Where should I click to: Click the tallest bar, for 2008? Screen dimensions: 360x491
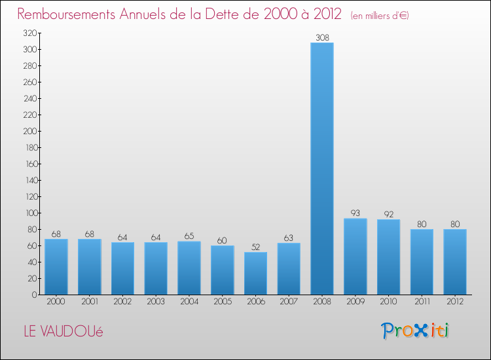tap(322, 169)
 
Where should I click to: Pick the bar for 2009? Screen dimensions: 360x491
tap(355, 257)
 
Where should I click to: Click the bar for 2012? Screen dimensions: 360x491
tap(455, 262)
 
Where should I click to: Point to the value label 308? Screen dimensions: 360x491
tap(322, 37)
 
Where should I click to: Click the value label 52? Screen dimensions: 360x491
tap(255, 247)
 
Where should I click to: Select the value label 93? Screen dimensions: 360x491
tap(355, 213)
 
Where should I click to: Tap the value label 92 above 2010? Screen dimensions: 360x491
tap(389, 214)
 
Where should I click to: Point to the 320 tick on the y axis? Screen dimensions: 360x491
tap(29, 33)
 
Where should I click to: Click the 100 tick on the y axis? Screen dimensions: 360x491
tap(29, 213)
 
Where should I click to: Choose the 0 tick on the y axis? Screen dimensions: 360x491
tap(33, 295)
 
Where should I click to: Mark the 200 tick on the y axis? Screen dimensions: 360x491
tap(29, 131)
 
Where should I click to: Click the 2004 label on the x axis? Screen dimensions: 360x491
tap(189, 302)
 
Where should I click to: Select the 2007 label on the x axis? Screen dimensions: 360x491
tap(289, 302)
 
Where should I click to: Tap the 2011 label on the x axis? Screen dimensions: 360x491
tap(422, 302)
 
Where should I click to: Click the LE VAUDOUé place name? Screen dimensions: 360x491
tap(63, 331)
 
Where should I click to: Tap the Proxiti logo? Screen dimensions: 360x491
tap(415, 331)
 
